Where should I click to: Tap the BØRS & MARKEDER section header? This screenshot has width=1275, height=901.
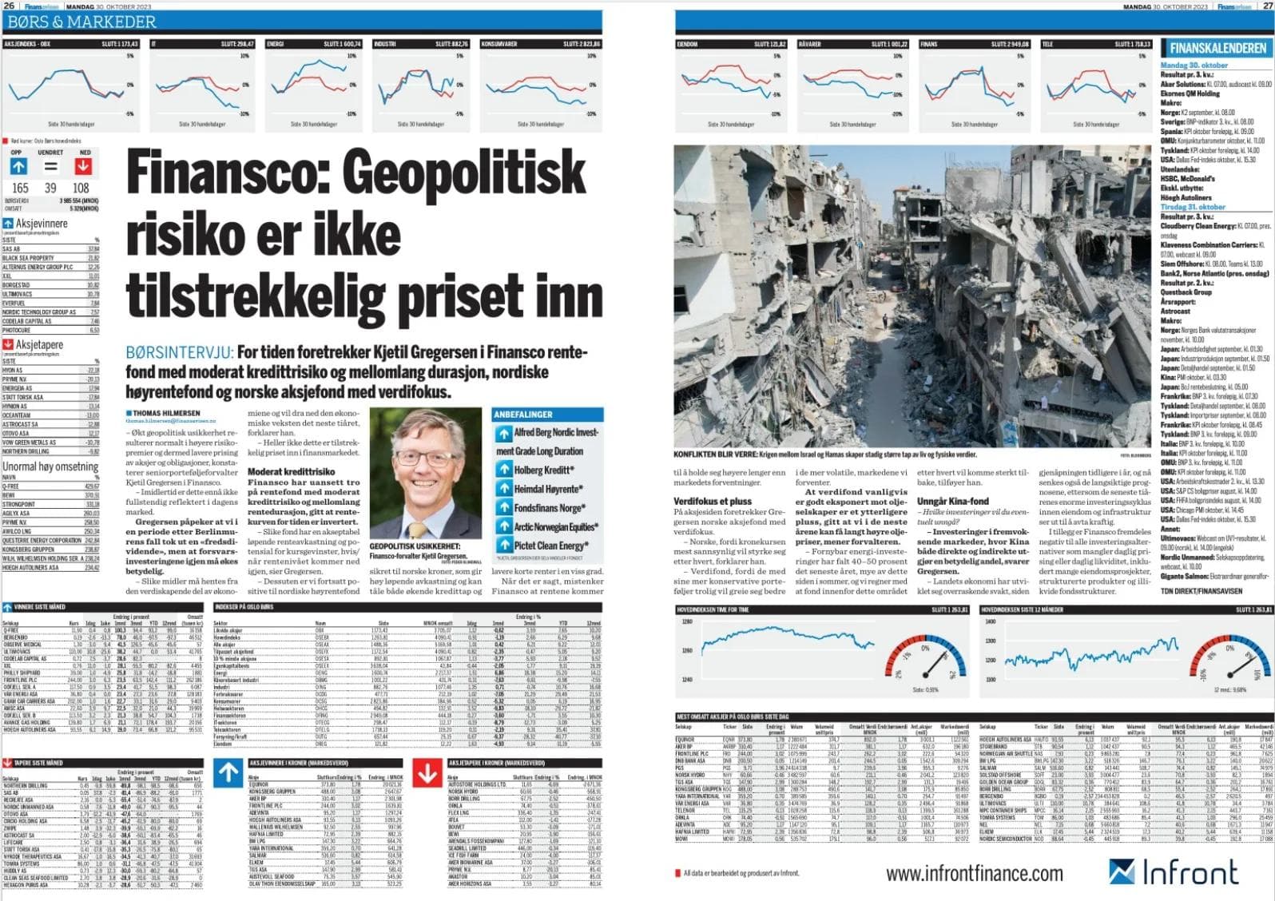click(x=79, y=22)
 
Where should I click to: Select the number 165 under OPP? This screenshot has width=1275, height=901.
click(x=20, y=188)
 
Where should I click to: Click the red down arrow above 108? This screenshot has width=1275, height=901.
click(x=83, y=167)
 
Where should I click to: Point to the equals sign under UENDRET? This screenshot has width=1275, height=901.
click(x=50, y=167)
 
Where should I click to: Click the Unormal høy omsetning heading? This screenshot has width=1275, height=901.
click(x=50, y=466)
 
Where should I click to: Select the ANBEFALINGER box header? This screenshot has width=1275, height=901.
click(x=524, y=415)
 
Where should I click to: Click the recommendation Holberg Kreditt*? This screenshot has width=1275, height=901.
click(x=542, y=470)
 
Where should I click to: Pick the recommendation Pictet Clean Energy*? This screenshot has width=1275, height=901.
click(x=548, y=546)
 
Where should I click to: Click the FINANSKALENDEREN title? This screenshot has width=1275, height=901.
click(x=1218, y=48)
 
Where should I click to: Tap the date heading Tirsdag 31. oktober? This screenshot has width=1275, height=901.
click(x=1192, y=207)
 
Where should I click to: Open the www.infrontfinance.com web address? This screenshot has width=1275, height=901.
click(x=975, y=873)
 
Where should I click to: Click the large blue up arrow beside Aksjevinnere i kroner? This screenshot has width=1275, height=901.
click(x=228, y=773)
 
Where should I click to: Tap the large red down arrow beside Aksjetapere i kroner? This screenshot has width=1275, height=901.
click(x=428, y=773)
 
